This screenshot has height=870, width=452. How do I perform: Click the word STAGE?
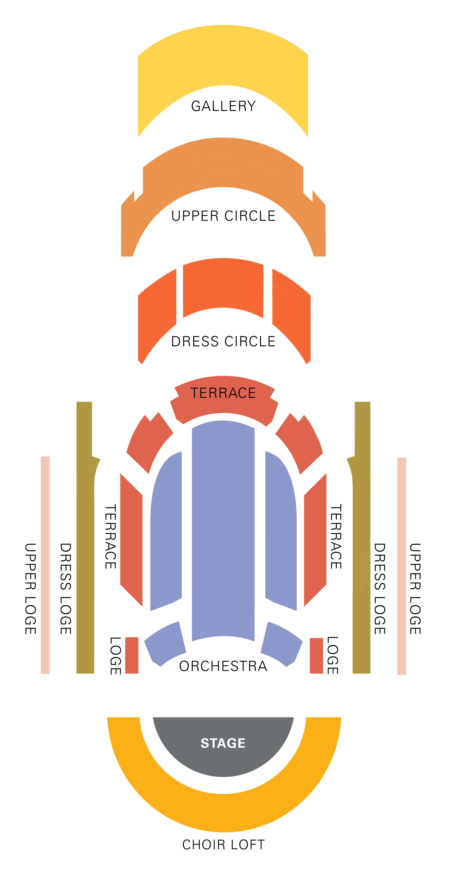coord(223,743)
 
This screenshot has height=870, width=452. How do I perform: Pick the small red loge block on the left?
coord(132,655)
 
